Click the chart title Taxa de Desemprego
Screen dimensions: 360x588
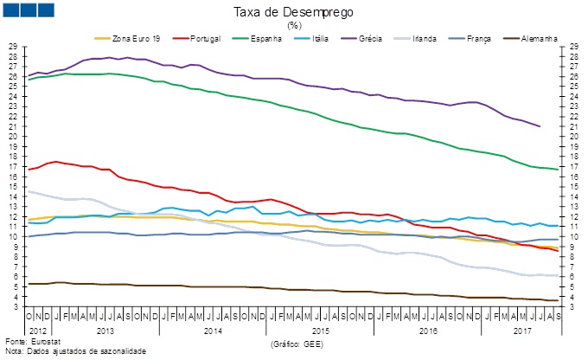pyautogui.click(x=293, y=12)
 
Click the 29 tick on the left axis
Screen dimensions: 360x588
pyautogui.click(x=13, y=46)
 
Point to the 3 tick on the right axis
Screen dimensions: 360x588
pyautogui.click(x=574, y=306)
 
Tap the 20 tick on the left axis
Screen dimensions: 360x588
pyautogui.click(x=13, y=137)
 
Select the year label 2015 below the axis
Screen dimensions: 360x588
pyautogui.click(x=320, y=331)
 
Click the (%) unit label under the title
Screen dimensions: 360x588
pyautogui.click(x=293, y=25)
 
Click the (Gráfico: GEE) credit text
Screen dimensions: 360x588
pyautogui.click(x=298, y=344)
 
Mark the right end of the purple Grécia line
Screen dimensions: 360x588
pyautogui.click(x=540, y=126)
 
